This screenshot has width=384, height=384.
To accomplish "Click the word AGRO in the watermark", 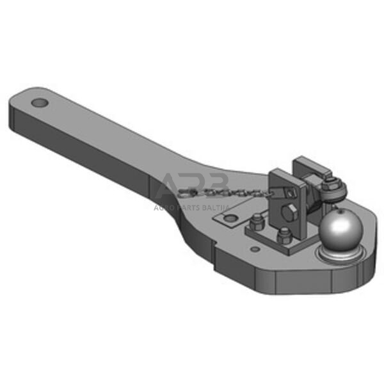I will [x=164, y=207].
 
